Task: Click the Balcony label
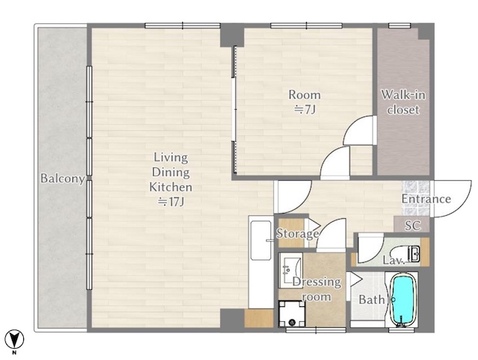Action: (x=62, y=179)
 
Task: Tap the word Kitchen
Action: (x=171, y=187)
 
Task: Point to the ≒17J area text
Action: (x=171, y=202)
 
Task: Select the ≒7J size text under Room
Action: (x=304, y=109)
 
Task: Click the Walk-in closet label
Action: (x=403, y=102)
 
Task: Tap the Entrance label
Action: (x=426, y=199)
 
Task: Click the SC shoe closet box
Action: (x=412, y=225)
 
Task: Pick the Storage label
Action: (x=297, y=234)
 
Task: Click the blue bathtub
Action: (x=403, y=299)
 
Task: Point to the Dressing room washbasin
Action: (x=291, y=270)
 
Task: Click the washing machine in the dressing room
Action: (x=292, y=314)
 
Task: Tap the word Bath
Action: (x=371, y=300)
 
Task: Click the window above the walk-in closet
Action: (x=399, y=26)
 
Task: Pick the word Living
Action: (x=171, y=158)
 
